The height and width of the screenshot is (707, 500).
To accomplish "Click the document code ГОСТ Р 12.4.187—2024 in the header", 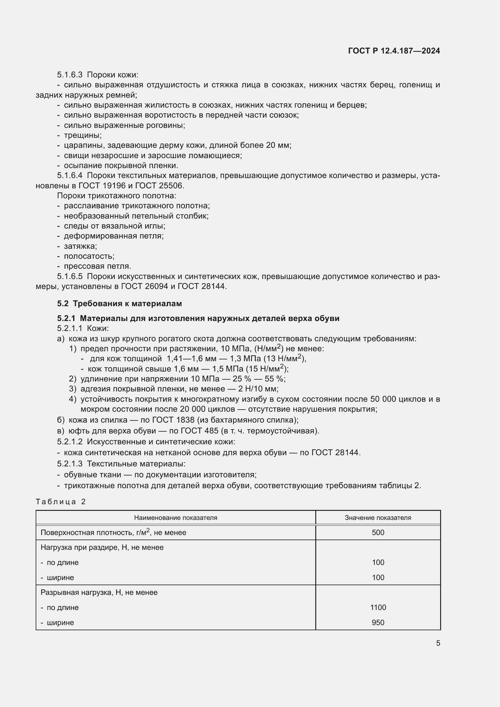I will pos(394,51).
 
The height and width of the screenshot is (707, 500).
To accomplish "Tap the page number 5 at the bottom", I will pos(438,643).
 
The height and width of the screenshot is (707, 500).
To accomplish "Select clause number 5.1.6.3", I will pos(70,75).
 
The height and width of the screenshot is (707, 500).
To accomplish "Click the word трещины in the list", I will pos(83,135).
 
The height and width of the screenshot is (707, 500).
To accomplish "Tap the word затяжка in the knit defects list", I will pos(80,246).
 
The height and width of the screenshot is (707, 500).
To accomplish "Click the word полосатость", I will pos(89,256).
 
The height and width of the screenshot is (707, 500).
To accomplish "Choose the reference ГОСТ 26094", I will pos(145,286).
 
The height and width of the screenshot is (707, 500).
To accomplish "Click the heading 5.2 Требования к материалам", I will pos(119,303).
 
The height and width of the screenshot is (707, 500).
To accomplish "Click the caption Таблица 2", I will pos(61,502).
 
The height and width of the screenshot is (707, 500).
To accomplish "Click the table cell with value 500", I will pos(378,533).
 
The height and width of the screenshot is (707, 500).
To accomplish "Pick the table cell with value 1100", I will pos(378,608).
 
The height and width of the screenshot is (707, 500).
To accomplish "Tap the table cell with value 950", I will pos(378,623).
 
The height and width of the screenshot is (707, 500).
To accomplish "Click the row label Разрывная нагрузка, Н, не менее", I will pos(99,592).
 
